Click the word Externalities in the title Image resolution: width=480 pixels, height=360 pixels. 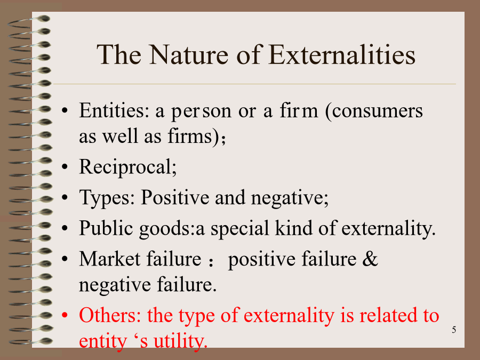pyautogui.click(x=342, y=55)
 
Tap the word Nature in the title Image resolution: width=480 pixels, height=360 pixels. pyautogui.click(x=189, y=55)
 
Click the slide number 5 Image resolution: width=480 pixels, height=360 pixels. pyautogui.click(x=454, y=330)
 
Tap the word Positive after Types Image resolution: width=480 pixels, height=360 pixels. pyautogui.click(x=175, y=197)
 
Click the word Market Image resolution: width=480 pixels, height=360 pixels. pyautogui.click(x=109, y=259)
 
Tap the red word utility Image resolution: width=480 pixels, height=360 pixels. pyautogui.click(x=181, y=341)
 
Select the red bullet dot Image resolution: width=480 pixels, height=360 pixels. pyautogui.click(x=65, y=315)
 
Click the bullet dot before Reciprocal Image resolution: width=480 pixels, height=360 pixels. pyautogui.click(x=65, y=167)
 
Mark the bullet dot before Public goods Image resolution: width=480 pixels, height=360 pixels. pyautogui.click(x=65, y=228)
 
